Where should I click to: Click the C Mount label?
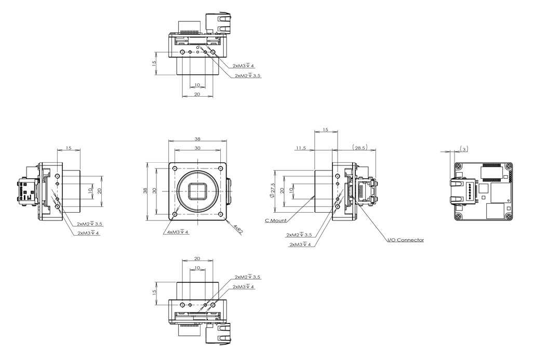pos(276,220)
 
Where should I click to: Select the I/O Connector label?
pos(405,240)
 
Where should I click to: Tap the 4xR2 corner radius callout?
pos(238,228)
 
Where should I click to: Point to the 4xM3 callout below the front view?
pos(178,232)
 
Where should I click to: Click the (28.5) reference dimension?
pos(359,148)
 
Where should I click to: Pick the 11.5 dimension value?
pos(301,148)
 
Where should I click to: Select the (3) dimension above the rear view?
pos(464,149)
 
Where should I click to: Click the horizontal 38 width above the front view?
pos(197,139)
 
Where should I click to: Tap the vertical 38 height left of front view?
pos(145,191)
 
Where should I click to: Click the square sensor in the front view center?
pos(197,191)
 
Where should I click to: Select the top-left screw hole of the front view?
pos(175,168)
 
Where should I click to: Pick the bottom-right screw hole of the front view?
pos(220,214)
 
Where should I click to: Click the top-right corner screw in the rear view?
pos(508,166)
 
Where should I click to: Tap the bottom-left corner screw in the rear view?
pos(458,216)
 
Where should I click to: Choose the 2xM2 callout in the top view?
pos(248,76)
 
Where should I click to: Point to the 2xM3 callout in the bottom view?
pos(243,287)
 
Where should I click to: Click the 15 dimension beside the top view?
pos(154,63)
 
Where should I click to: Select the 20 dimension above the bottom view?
pos(197,259)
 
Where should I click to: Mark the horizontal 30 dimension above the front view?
pos(197,148)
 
